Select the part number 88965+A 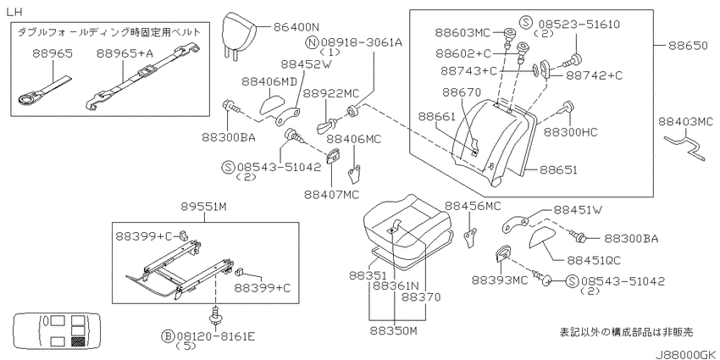pos(125,53)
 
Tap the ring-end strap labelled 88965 pos(43,90)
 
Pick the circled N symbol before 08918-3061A pos(312,42)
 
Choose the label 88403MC pos(685,122)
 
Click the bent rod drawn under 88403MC pos(684,145)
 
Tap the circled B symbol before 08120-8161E pos(168,337)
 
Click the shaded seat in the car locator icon pos(79,341)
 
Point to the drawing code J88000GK pos(684,354)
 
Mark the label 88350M pos(394,331)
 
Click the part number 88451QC pos(594,260)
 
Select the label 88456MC pos(473,206)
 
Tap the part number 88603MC pos(462,32)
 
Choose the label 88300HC pos(571,132)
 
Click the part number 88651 pos(558,170)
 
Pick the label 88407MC pos(331,195)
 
